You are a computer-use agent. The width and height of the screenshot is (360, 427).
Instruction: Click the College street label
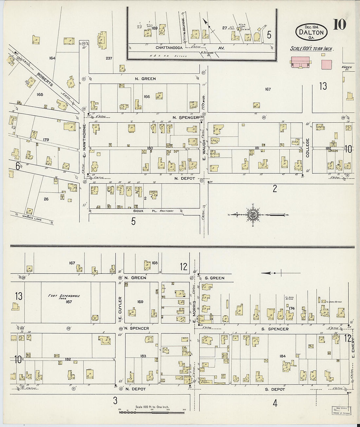click(307, 148)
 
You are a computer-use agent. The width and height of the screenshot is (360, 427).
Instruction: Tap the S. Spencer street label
click(275, 329)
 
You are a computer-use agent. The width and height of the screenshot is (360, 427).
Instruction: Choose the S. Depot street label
click(275, 389)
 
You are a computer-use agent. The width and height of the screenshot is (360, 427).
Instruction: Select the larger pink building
click(300, 62)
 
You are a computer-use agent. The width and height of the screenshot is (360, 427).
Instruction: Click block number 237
click(109, 59)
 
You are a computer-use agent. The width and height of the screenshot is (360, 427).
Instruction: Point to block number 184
click(283, 356)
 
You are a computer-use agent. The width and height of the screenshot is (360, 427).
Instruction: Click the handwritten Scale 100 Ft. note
click(312, 49)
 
